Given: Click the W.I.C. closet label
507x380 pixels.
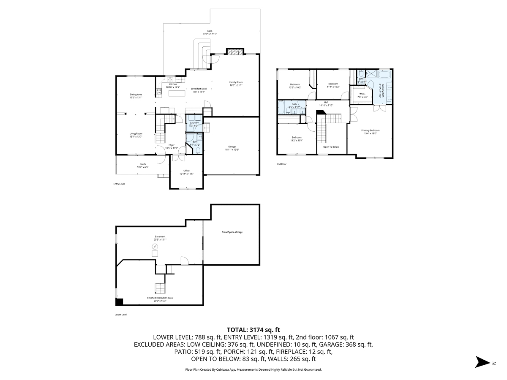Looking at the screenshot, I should (x=362, y=95).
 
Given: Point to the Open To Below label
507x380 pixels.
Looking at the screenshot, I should (x=331, y=147).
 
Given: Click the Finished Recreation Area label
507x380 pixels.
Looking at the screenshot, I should (x=160, y=298).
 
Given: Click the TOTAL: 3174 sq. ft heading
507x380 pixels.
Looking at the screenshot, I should (x=253, y=330).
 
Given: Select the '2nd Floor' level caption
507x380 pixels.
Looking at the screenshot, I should (x=281, y=164).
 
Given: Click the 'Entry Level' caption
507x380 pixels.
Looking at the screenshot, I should (x=119, y=184).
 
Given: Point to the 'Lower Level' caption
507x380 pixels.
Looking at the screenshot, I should (x=120, y=315).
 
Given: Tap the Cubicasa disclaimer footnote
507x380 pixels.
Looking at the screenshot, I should (x=253, y=369).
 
